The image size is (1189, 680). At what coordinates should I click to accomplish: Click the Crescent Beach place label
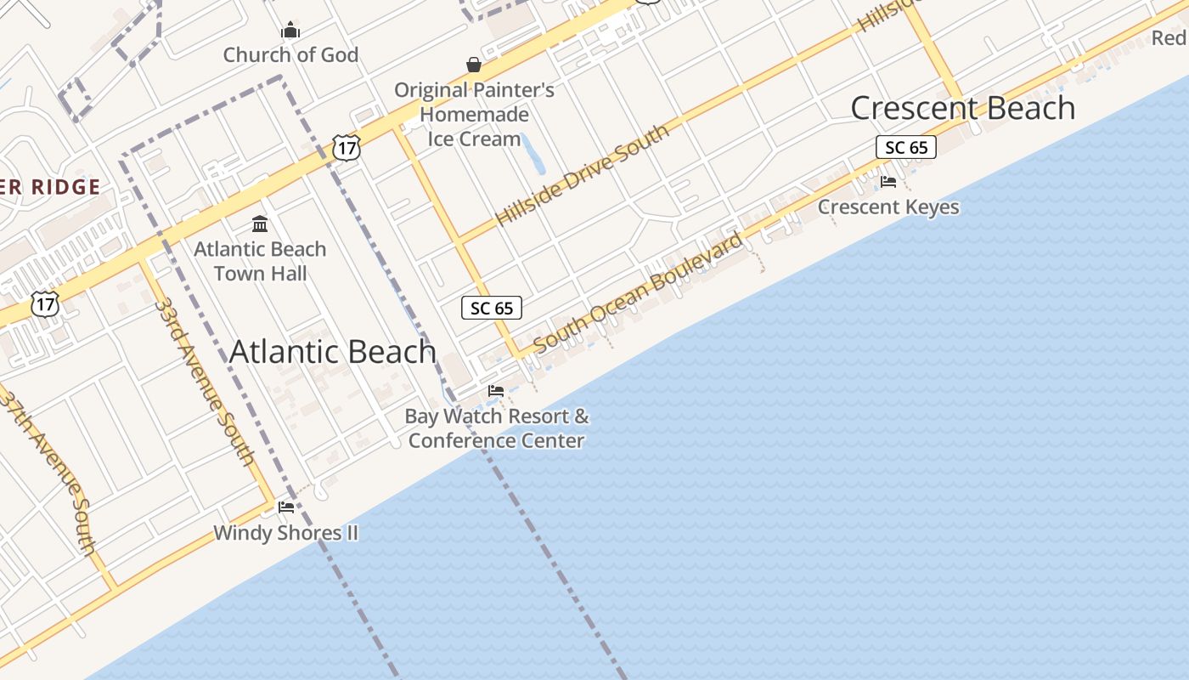pyautogui.click(x=962, y=108)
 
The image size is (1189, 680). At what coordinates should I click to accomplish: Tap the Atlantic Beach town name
pyautogui.click(x=332, y=351)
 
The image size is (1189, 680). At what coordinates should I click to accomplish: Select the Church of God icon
pyautogui.click(x=290, y=31)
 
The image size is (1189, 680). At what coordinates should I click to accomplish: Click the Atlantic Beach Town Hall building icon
pyautogui.click(x=260, y=224)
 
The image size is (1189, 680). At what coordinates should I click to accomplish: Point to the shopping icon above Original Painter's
pyautogui.click(x=474, y=65)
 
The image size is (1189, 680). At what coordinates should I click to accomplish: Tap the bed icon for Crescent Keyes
pyautogui.click(x=888, y=182)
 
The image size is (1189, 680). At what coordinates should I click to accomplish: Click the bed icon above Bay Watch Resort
pyautogui.click(x=496, y=391)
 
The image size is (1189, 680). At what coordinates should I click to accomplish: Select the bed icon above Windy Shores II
pyautogui.click(x=286, y=507)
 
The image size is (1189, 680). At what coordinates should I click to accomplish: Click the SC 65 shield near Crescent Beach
pyautogui.click(x=905, y=147)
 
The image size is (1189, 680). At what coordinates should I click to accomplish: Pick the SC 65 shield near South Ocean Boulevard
pyautogui.click(x=492, y=308)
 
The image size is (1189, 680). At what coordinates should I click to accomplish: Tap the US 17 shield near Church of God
pyautogui.click(x=347, y=148)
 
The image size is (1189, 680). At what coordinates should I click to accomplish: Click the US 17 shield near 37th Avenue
pyautogui.click(x=45, y=303)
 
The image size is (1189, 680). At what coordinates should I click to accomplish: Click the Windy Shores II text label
pyautogui.click(x=285, y=533)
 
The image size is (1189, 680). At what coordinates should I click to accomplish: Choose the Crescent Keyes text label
pyautogui.click(x=888, y=207)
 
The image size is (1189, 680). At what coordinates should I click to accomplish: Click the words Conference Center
pyautogui.click(x=496, y=440)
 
